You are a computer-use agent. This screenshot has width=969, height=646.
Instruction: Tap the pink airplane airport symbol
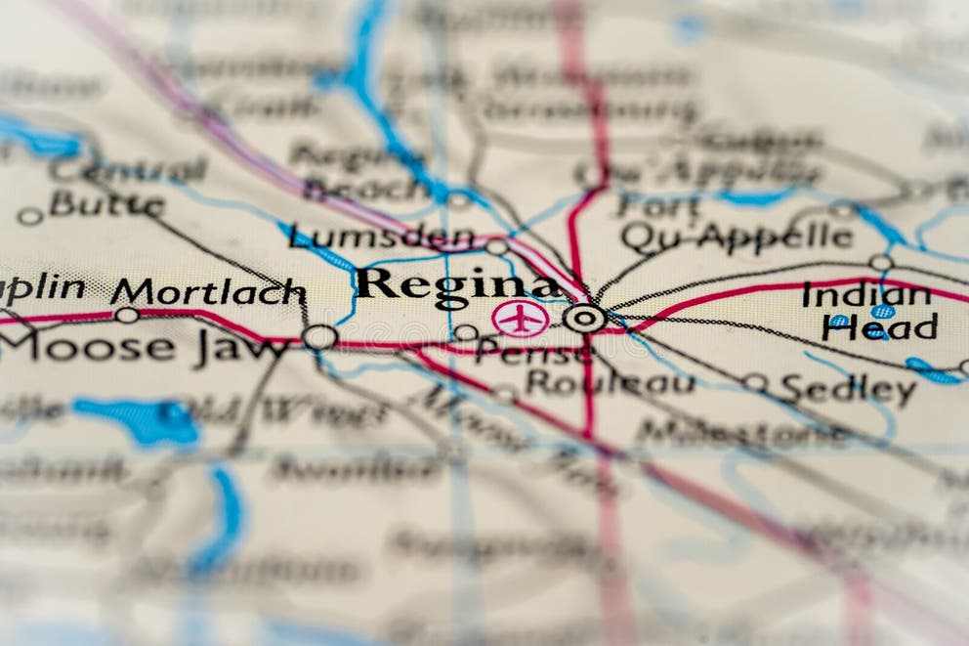click(x=520, y=319)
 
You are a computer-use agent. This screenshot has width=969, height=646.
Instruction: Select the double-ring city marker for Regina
click(x=584, y=318)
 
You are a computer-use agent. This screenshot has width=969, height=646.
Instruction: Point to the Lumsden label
click(x=382, y=237)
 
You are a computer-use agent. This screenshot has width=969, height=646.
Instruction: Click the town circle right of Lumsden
click(x=496, y=247)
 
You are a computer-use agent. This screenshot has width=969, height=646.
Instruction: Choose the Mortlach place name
click(x=207, y=291)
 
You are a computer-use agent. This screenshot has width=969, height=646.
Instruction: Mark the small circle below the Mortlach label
click(x=126, y=315)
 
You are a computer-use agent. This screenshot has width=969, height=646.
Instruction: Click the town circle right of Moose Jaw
click(x=318, y=337)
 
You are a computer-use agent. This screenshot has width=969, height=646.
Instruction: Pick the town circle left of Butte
click(x=29, y=216)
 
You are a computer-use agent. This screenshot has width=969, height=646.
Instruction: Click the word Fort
click(x=658, y=206)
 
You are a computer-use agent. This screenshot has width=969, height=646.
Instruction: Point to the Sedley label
click(x=848, y=390)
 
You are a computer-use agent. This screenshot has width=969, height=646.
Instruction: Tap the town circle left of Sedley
click(x=754, y=382)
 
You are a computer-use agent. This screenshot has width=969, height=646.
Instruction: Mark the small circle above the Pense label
click(x=466, y=332)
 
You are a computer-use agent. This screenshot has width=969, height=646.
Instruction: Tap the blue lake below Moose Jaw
click(x=142, y=420)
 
